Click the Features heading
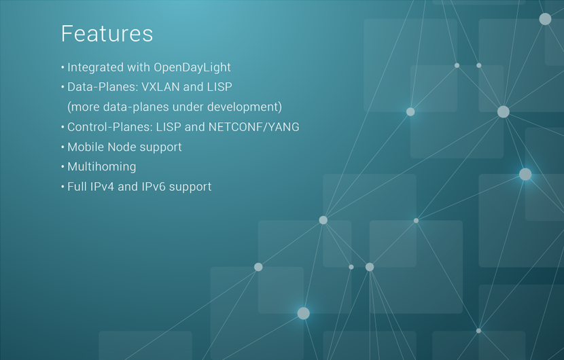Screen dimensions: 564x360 coord(107,34)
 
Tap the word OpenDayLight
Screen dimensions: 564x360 coord(192,68)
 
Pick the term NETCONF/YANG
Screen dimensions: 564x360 coord(253,127)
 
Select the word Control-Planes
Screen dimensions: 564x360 coord(110,127)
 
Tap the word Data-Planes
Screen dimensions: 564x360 coord(103,87)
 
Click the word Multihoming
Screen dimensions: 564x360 coord(102,167)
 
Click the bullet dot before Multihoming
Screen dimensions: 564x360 coord(63,167)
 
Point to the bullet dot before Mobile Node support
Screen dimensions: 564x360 coord(63,147)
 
